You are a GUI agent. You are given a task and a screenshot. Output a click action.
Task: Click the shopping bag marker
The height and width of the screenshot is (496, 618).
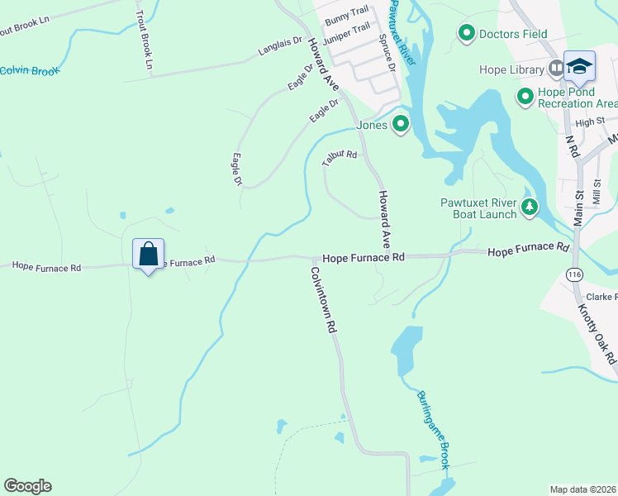click(x=149, y=254)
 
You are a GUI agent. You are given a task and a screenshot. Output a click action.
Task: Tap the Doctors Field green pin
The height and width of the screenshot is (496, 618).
click(x=466, y=34)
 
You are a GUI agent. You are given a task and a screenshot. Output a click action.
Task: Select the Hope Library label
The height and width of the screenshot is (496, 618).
click(x=511, y=69)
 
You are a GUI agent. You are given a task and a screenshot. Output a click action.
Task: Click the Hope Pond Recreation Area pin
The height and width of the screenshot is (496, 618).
click(x=525, y=97)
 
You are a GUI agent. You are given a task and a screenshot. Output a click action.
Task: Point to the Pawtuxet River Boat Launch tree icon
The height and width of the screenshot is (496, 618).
click(x=529, y=207)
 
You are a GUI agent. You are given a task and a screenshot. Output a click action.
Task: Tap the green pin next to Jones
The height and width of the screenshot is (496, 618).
click(x=401, y=125)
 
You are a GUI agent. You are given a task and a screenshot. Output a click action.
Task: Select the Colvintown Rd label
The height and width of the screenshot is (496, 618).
click(x=325, y=299)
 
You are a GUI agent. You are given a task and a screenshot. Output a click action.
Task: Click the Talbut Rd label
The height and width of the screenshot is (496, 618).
click(x=340, y=158)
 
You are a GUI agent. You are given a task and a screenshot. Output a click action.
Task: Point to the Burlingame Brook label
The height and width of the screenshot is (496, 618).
click(x=433, y=430)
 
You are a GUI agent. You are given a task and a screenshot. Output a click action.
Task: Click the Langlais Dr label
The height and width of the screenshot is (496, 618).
click(x=280, y=52)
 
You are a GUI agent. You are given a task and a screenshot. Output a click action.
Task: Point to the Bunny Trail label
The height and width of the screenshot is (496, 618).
click(x=346, y=15)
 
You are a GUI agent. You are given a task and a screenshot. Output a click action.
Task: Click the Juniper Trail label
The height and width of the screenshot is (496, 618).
click(x=347, y=32)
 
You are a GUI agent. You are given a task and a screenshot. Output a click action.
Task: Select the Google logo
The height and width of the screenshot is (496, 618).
click(x=27, y=486)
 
